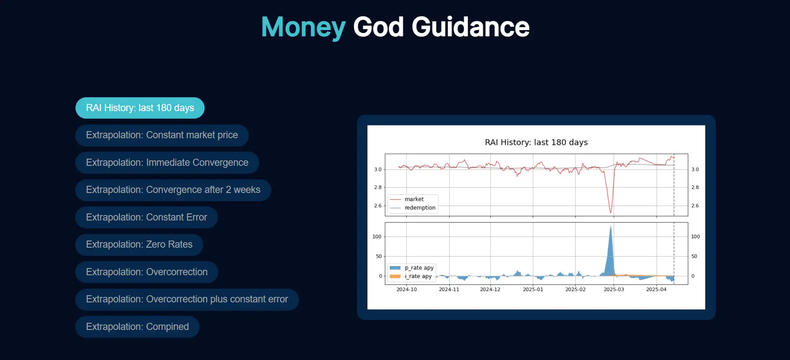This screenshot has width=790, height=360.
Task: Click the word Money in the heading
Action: point(303,27)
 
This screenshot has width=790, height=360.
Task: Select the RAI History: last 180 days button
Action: point(140,108)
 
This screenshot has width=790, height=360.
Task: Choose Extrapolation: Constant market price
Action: point(162,135)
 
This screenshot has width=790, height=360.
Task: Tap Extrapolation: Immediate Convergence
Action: point(167,162)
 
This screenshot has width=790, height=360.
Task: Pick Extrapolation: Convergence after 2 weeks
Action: point(173,190)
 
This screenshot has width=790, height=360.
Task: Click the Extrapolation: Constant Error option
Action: point(146,217)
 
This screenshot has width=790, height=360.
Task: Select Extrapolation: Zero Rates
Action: point(139,245)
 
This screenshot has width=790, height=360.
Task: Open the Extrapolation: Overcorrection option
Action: point(147,272)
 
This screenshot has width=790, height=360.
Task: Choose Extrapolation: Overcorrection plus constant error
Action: point(187,299)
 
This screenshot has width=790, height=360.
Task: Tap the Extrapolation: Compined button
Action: point(137,327)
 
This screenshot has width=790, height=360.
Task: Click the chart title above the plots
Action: point(536,142)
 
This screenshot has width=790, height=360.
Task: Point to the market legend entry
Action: point(414,199)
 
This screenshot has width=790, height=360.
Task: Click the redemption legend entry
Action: point(420,208)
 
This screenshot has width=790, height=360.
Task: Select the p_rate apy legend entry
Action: point(419,268)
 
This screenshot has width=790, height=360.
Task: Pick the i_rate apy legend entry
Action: point(418,276)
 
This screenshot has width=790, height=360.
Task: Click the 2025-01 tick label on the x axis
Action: point(533,289)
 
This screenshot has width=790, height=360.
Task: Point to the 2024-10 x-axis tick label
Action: point(406,289)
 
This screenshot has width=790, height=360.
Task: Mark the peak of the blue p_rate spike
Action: point(611,226)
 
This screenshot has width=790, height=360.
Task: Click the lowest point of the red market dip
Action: point(611,213)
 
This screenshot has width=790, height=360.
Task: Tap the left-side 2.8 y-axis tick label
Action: point(377,188)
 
